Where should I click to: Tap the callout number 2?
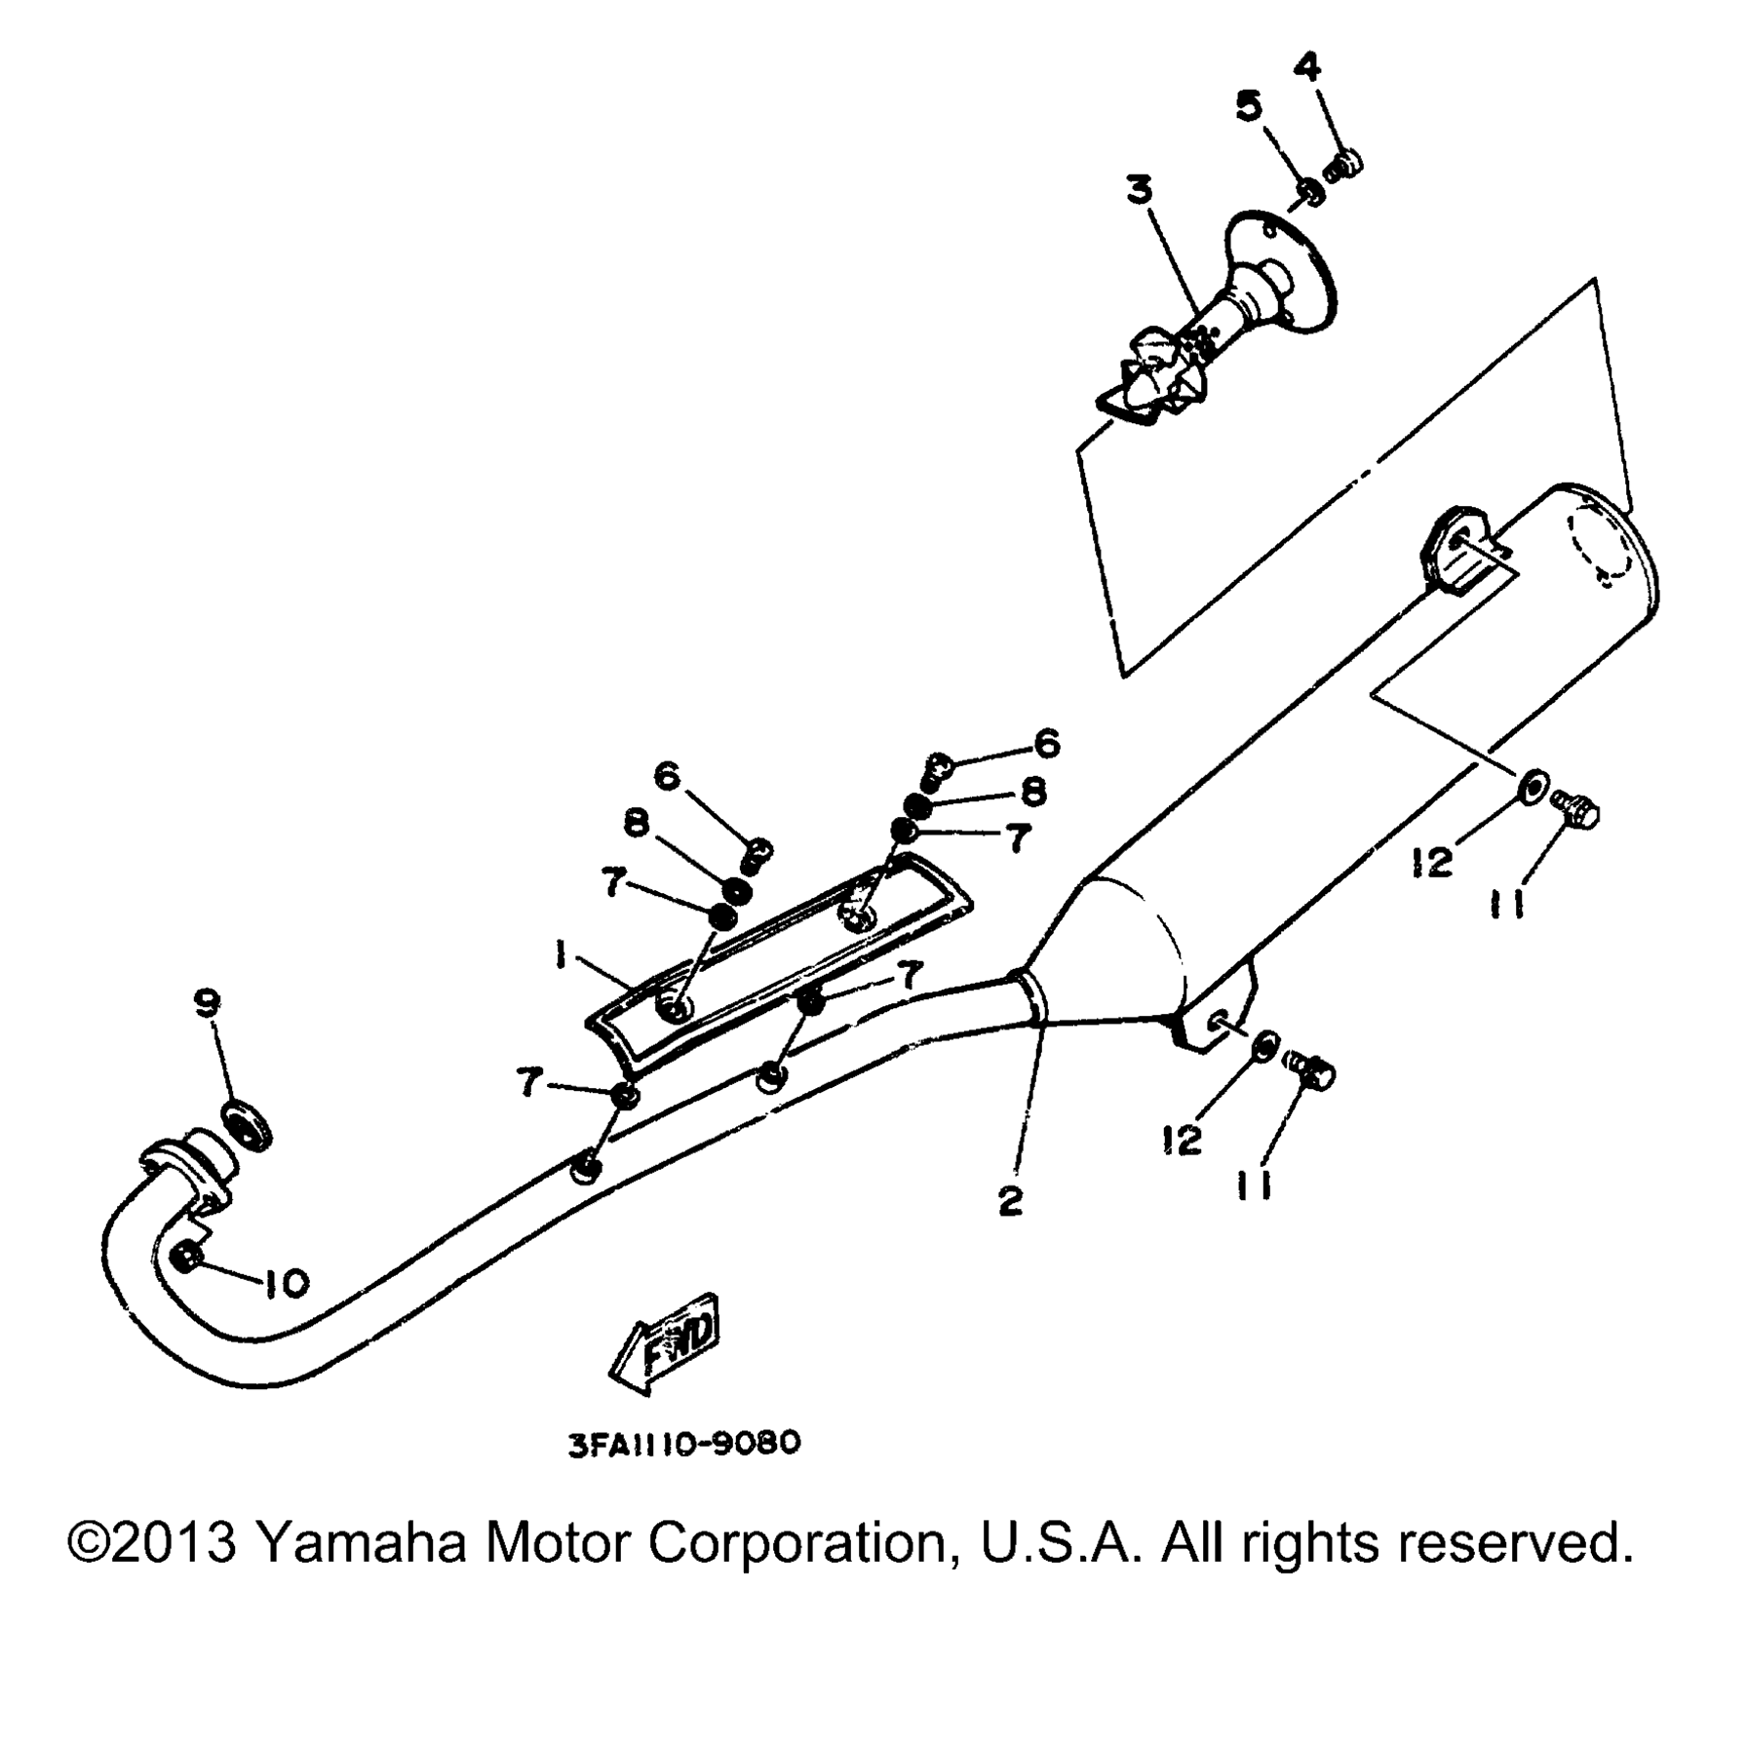coord(1011,1200)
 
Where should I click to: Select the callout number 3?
coord(1139,190)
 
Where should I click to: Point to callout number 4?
coord(1307,67)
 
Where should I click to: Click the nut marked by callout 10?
coord(191,1258)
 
